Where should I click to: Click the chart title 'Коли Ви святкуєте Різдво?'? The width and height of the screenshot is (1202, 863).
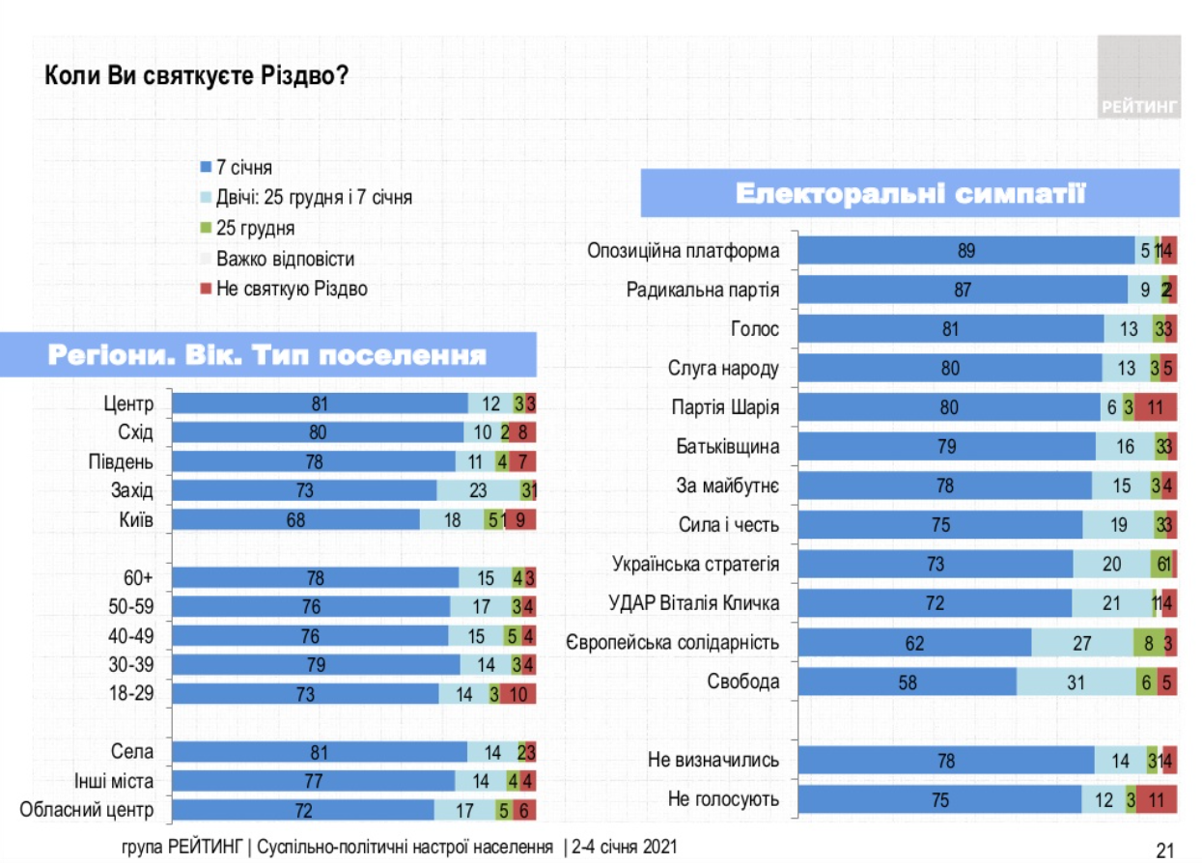(196, 75)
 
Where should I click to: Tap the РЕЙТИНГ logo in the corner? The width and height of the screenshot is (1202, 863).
(1138, 77)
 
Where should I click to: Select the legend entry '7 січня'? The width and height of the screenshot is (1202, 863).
(243, 167)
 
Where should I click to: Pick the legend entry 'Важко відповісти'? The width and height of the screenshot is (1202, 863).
(285, 259)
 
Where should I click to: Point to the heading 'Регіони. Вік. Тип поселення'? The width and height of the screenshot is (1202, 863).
(266, 355)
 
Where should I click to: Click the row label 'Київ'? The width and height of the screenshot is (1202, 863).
(134, 520)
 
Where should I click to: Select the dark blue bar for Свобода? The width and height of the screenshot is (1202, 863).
(908, 682)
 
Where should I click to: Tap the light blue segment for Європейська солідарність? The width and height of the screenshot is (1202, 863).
(1082, 643)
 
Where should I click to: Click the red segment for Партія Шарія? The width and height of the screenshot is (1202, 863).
(1156, 407)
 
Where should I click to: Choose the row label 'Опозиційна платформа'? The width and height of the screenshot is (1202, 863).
(684, 250)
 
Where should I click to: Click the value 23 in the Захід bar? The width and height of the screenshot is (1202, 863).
(478, 490)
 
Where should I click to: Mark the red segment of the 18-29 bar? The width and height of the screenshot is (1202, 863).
(517, 694)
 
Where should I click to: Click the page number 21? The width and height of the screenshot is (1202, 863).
(1163, 849)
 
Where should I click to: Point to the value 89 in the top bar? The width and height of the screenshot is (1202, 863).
(966, 250)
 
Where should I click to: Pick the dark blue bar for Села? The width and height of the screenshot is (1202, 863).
(320, 752)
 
